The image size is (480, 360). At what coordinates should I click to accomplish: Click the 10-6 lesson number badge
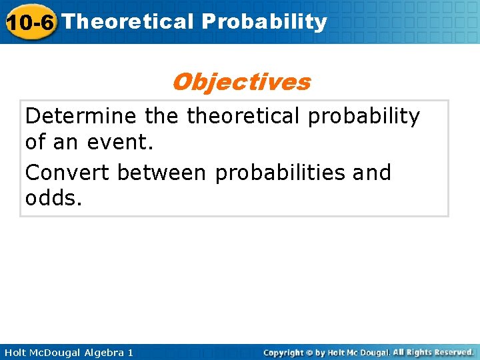(x=29, y=23)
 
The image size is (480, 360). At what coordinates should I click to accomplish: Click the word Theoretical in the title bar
(x=127, y=21)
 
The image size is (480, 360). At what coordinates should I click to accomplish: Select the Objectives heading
(x=241, y=82)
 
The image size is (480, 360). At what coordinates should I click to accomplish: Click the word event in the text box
(x=113, y=142)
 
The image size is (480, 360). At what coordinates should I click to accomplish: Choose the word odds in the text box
(x=53, y=198)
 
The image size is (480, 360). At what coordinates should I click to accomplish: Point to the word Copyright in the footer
(x=285, y=352)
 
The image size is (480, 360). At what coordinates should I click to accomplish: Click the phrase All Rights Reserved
(x=433, y=351)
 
